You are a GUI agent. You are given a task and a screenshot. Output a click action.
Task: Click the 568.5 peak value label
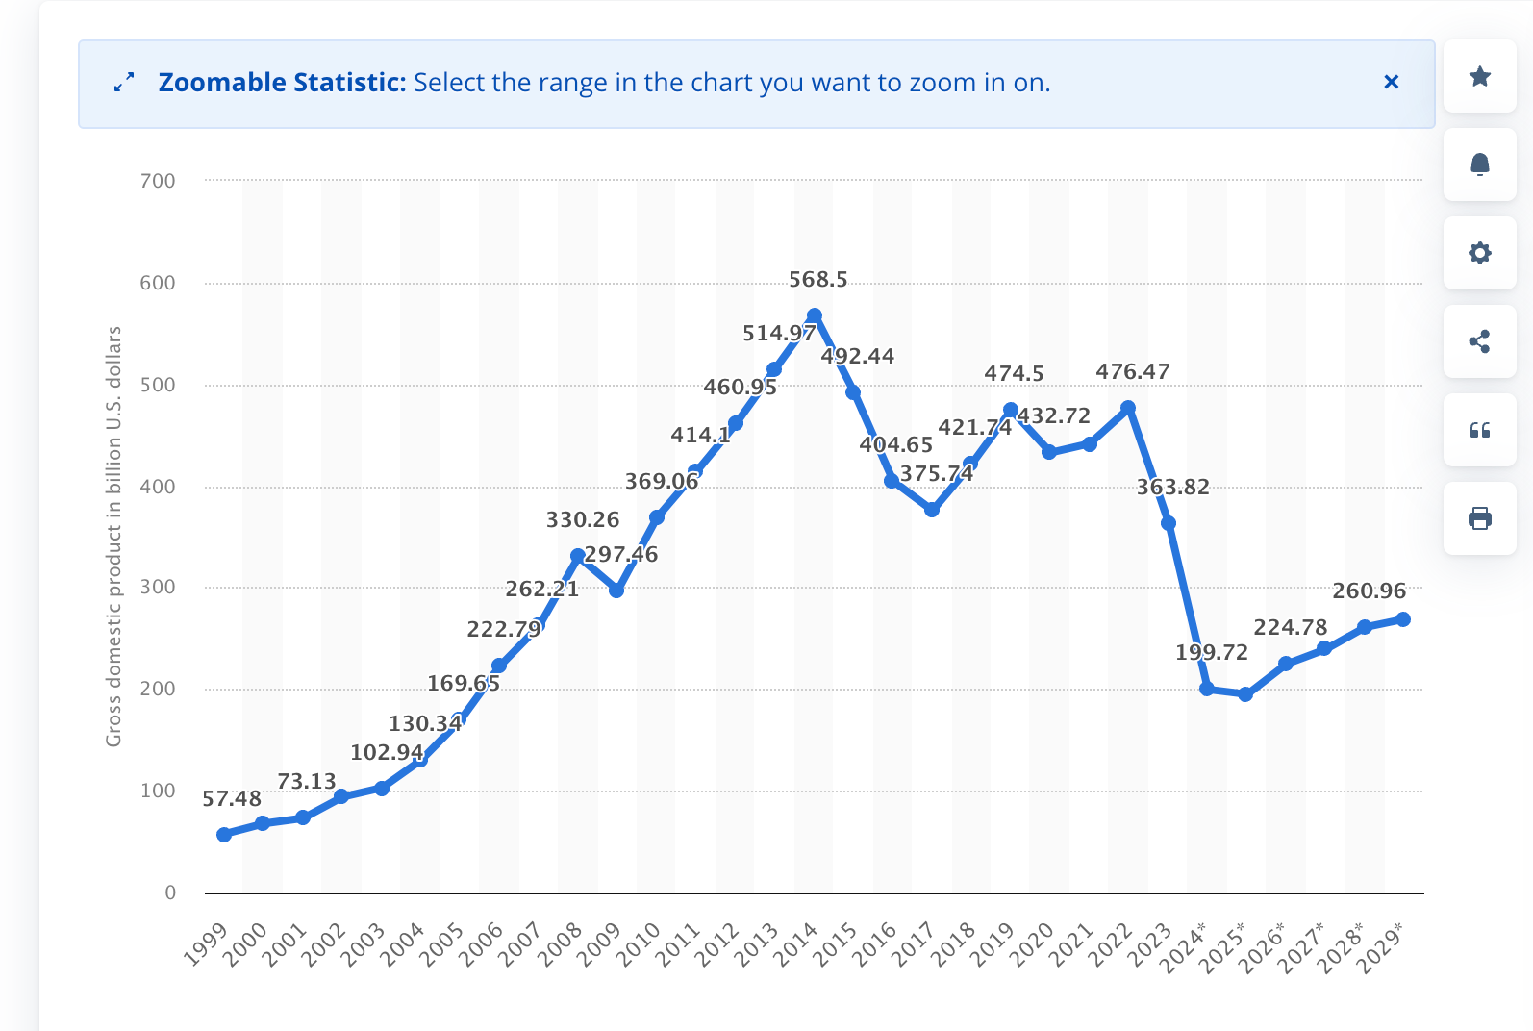coord(817,280)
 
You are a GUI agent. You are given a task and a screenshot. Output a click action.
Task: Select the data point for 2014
coord(815,316)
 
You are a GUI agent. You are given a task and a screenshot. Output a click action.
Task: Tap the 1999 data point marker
coord(224,835)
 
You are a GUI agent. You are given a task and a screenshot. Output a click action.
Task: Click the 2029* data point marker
coord(1403,619)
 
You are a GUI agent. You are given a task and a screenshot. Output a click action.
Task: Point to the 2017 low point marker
coord(932,510)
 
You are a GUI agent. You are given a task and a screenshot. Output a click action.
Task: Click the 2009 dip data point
coord(616,591)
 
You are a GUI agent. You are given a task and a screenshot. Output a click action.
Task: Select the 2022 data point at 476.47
coord(1129,409)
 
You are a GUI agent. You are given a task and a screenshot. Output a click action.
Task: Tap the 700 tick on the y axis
coord(158,181)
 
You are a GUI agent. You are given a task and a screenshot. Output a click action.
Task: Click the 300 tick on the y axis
coord(158,587)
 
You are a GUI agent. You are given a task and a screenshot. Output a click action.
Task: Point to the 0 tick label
coord(170,893)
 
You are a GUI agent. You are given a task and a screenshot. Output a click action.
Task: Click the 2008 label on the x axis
coord(561,943)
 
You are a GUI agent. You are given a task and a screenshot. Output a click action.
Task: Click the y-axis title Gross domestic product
coord(113,536)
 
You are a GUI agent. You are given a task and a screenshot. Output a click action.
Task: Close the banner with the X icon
coord(1391,83)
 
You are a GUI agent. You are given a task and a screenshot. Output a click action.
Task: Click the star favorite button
coord(1480,77)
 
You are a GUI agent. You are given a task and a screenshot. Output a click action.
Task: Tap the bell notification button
coord(1480,164)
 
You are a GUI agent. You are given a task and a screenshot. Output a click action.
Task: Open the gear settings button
coord(1480,253)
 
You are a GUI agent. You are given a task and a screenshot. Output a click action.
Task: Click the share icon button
coord(1480,341)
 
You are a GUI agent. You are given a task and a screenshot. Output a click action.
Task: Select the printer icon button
coord(1480,519)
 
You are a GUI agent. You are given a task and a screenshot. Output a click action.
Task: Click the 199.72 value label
coord(1211,652)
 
